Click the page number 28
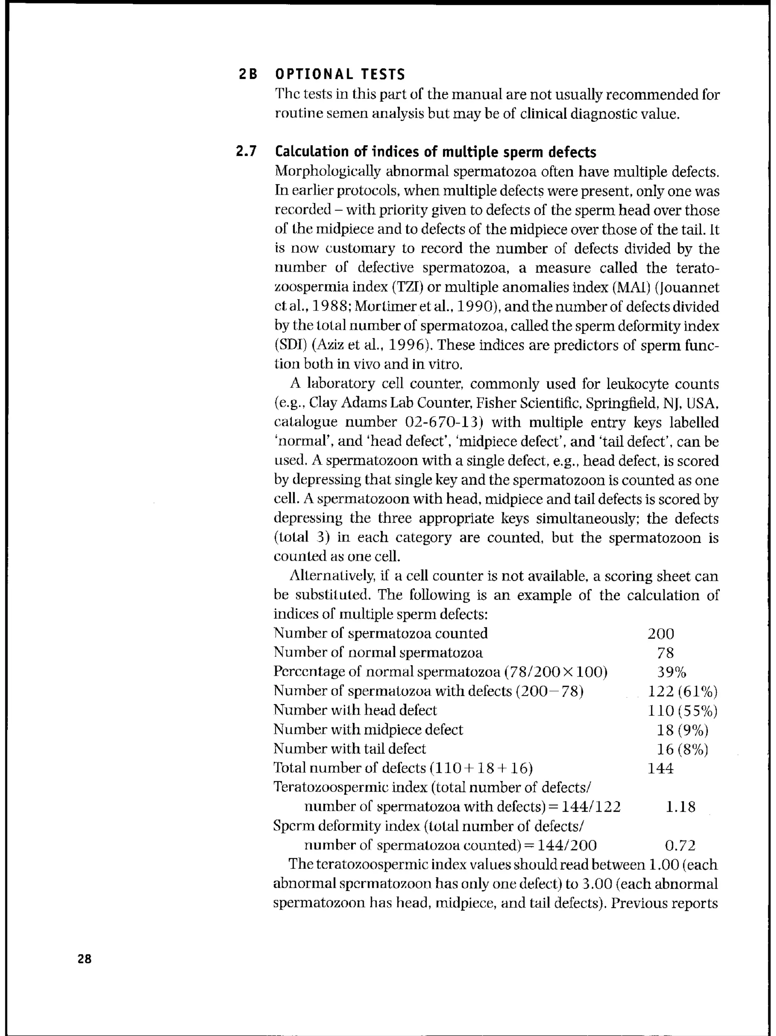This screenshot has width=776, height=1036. [x=85, y=959]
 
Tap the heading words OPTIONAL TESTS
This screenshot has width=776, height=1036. [x=340, y=74]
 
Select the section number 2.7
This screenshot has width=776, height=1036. [x=246, y=152]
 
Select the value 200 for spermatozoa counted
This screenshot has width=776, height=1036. [x=660, y=634]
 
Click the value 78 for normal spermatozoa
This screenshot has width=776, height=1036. [x=665, y=653]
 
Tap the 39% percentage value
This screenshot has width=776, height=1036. [x=671, y=673]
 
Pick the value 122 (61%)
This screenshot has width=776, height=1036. [x=682, y=692]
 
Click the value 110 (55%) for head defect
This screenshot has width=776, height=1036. [x=682, y=711]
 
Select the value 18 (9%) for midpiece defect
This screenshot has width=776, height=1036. [x=682, y=730]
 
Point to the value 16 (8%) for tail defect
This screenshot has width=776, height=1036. [x=682, y=749]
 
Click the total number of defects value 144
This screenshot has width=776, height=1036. [x=660, y=769]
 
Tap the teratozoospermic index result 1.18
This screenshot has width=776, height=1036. [x=680, y=807]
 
